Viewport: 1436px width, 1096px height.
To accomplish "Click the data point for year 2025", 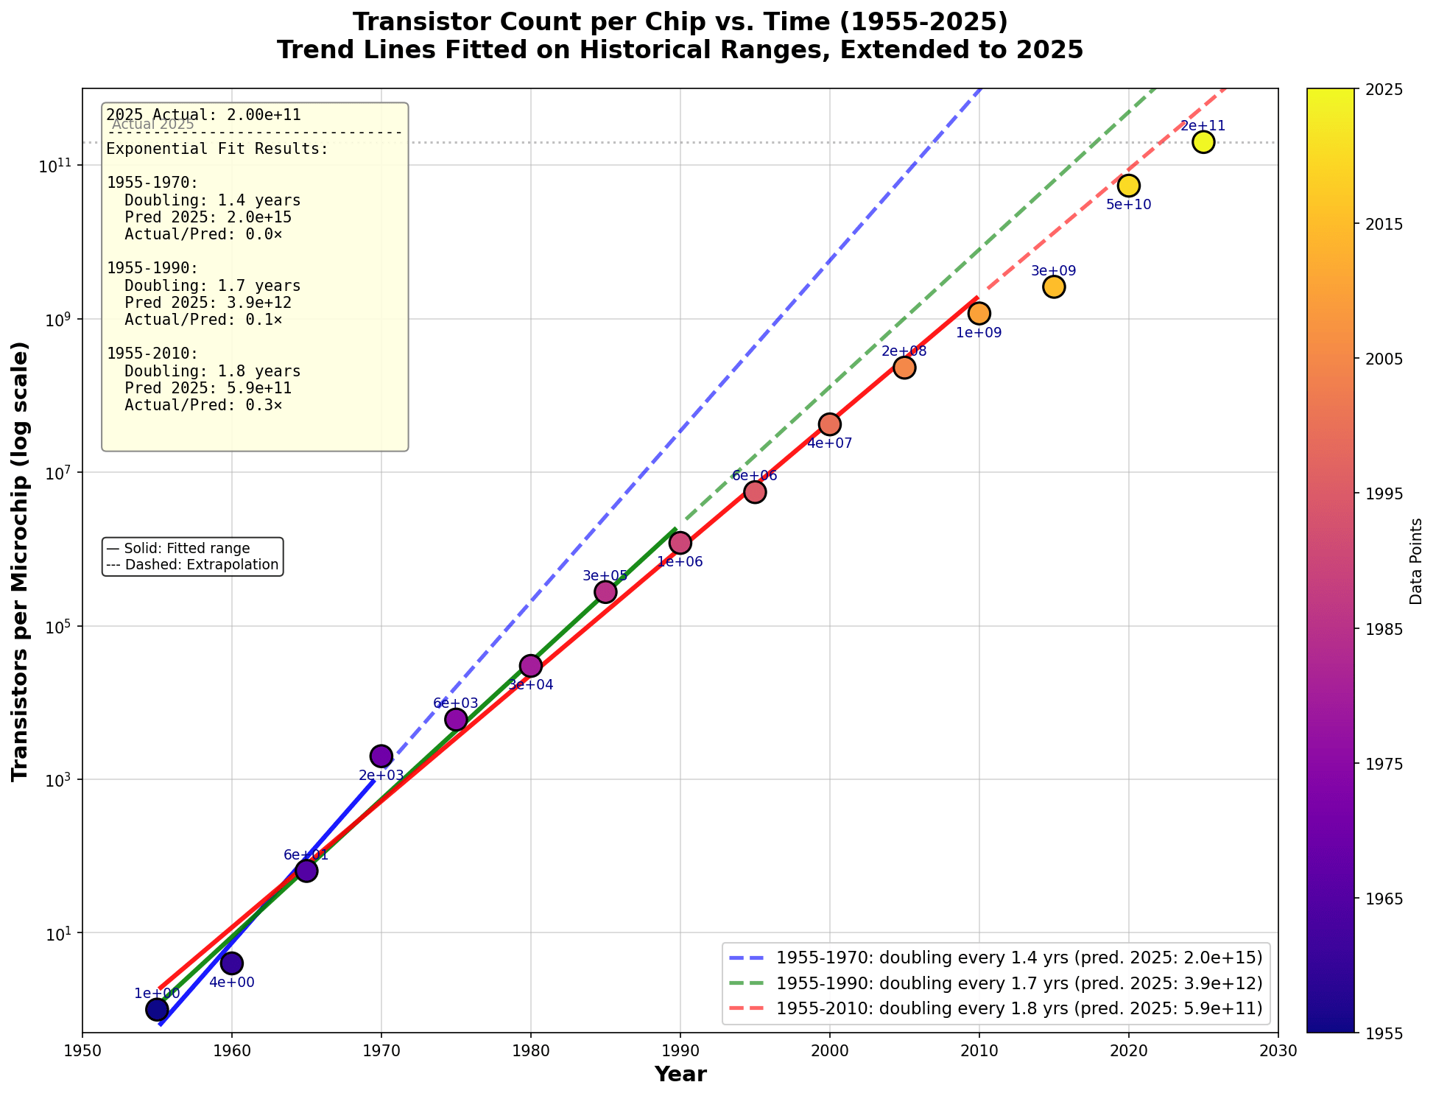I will click(x=1203, y=142).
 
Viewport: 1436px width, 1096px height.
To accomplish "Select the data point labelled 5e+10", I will click(x=1128, y=186).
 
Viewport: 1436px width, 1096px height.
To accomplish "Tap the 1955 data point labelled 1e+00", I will click(x=157, y=1009).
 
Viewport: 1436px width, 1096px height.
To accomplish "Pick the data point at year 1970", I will click(x=381, y=756).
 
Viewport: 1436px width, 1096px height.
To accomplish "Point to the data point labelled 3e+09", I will click(x=1054, y=287).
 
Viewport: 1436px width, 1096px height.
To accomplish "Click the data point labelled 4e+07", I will click(x=830, y=424).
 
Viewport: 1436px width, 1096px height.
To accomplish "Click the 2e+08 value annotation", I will click(x=904, y=351).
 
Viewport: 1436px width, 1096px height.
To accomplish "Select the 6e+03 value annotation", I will click(x=456, y=703).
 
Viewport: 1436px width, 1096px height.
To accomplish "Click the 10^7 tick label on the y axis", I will click(x=56, y=473).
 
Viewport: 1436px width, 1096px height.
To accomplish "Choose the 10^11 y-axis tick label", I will click(x=56, y=166).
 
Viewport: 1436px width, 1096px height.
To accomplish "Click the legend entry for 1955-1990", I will click(x=1018, y=983).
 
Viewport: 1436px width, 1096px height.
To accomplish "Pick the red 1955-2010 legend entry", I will click(x=1018, y=1008).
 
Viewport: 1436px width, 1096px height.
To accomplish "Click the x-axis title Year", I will click(x=680, y=1075).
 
